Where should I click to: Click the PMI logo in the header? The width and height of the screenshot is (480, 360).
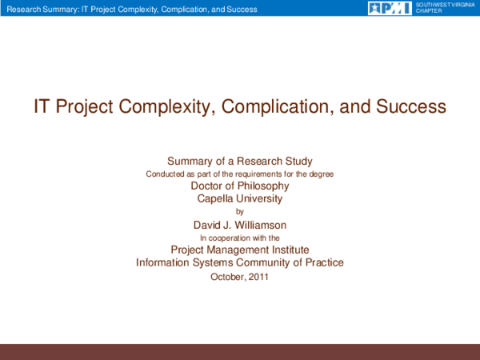tap(390, 8)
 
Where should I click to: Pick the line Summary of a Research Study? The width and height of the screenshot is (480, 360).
tap(239, 161)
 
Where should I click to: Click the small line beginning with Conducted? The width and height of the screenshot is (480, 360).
tap(239, 174)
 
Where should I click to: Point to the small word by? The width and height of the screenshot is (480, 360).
tap(240, 212)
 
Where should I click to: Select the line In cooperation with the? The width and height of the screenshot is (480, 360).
tap(239, 238)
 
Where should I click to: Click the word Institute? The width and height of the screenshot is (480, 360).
tap(287, 250)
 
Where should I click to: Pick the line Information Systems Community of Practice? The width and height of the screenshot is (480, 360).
tap(240, 263)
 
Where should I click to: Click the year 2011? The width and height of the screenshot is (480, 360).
tap(258, 277)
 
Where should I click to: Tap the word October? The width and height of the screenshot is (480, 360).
tap(227, 277)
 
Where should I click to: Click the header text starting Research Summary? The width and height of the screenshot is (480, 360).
tap(131, 9)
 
